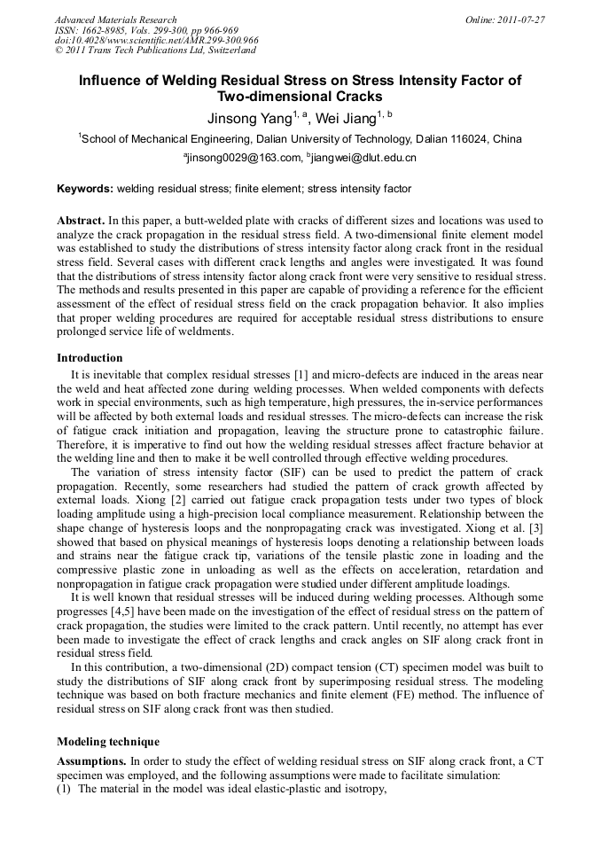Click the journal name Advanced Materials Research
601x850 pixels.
pyautogui.click(x=115, y=19)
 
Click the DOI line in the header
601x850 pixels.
pyautogui.click(x=156, y=40)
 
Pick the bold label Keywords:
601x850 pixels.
pyautogui.click(x=85, y=189)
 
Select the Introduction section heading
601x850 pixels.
pyautogui.click(x=90, y=358)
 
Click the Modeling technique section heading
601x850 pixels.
pyautogui.click(x=107, y=741)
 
